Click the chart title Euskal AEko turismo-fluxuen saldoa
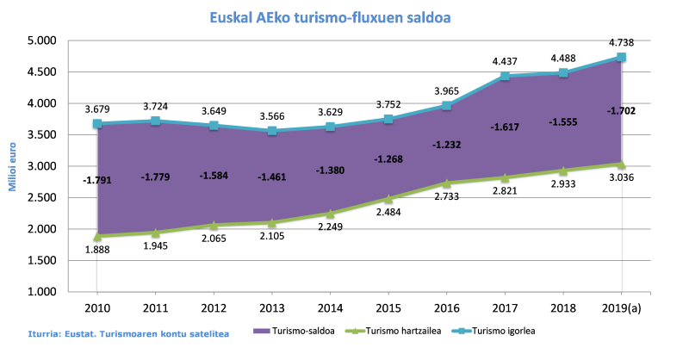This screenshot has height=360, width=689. pyautogui.click(x=331, y=16)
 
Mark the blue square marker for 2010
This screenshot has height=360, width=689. pyautogui.click(x=97, y=124)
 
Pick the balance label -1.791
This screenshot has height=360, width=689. pyautogui.click(x=97, y=180)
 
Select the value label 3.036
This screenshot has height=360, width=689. pyautogui.click(x=622, y=178)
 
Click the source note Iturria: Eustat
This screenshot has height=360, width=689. pyautogui.click(x=121, y=332)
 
